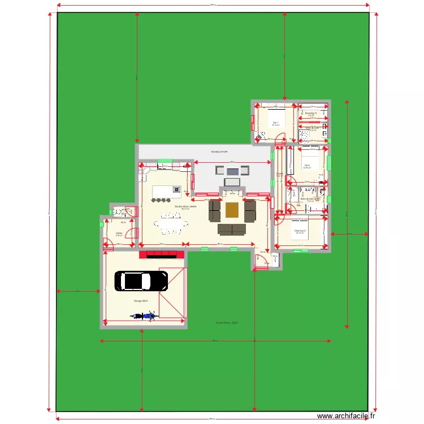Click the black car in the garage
point(141,281)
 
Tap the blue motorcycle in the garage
point(144,316)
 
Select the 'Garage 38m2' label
point(141,301)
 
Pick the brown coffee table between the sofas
point(232,210)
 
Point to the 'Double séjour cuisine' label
point(185,207)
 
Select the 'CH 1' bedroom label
point(275,123)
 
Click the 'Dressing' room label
point(311,113)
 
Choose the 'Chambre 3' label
point(300,231)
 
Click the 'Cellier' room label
point(119,233)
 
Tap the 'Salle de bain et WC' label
point(310,199)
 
